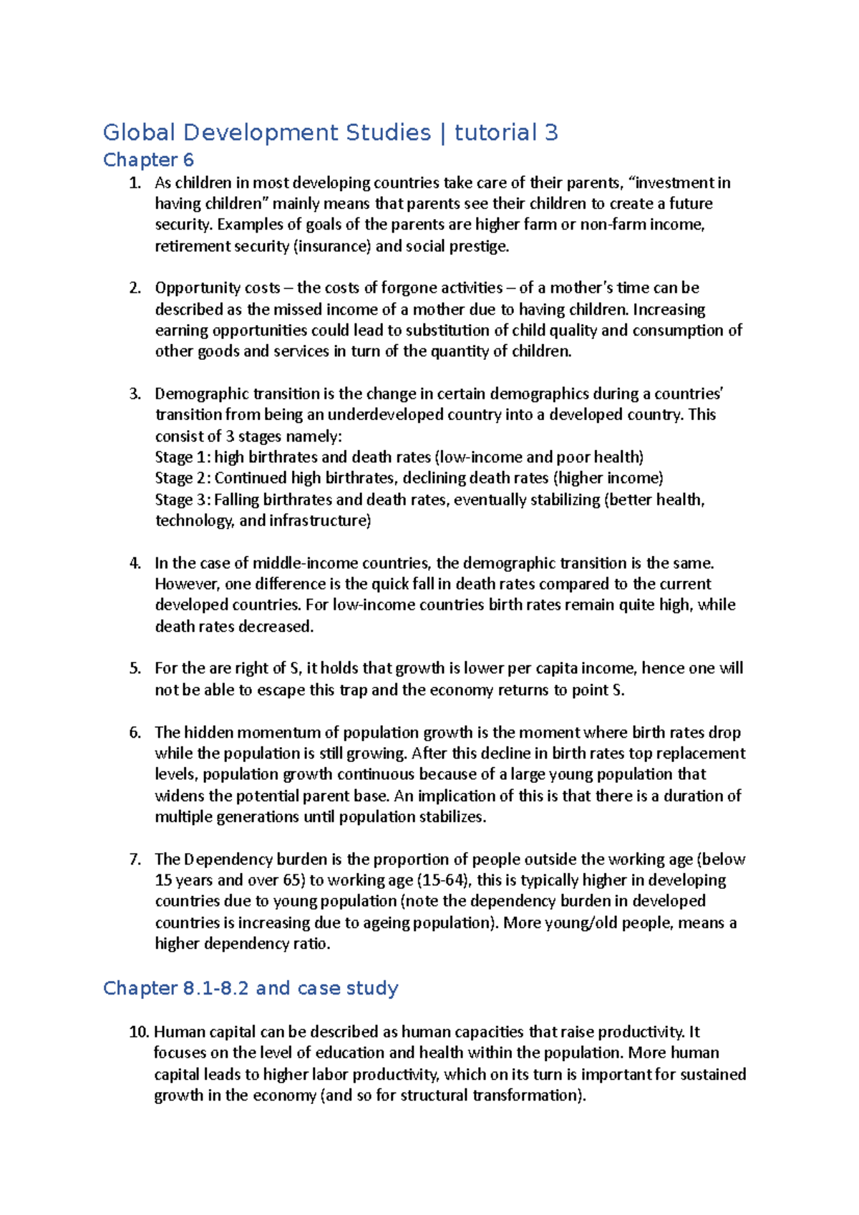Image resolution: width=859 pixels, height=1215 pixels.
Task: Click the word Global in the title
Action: click(x=140, y=132)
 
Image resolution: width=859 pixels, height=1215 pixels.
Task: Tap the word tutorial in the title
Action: click(x=495, y=132)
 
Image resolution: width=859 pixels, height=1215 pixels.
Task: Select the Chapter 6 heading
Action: click(x=148, y=160)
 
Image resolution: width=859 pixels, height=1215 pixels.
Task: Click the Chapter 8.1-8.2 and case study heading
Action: click(x=251, y=988)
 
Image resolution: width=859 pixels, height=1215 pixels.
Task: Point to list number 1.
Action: click(x=135, y=183)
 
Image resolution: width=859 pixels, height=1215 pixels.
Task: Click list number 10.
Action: click(x=139, y=1032)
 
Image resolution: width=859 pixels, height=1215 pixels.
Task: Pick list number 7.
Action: click(x=135, y=859)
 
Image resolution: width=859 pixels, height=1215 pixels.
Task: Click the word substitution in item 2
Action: click(x=447, y=331)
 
